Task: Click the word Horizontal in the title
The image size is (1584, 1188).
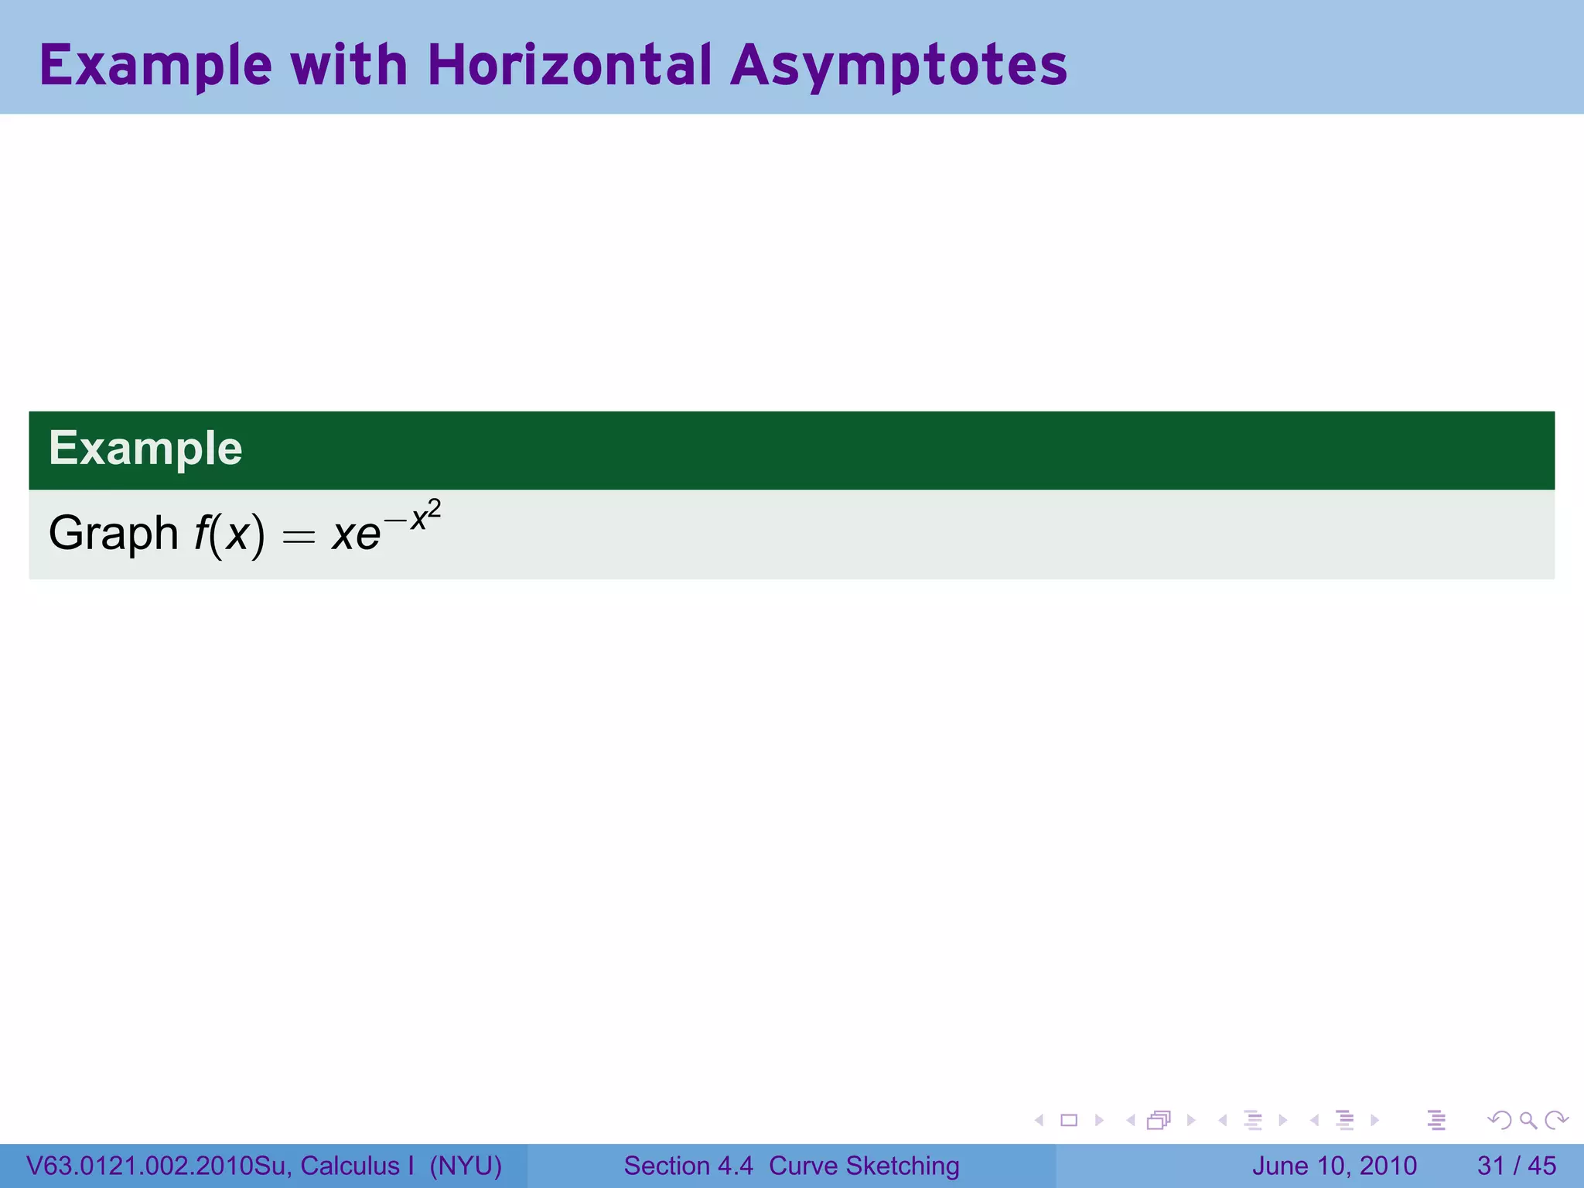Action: point(568,65)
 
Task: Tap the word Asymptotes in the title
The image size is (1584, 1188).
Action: point(899,67)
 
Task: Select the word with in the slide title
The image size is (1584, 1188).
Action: point(348,65)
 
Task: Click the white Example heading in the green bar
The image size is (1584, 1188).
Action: point(145,449)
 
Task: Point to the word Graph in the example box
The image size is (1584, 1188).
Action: point(113,534)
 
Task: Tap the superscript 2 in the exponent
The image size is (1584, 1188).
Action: point(435,509)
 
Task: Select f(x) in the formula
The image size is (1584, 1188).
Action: point(229,534)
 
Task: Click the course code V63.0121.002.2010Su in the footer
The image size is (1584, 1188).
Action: point(158,1166)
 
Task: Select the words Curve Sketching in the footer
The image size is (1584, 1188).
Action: point(864,1166)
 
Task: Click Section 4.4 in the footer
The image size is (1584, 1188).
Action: point(688,1166)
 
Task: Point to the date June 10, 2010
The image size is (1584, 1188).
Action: point(1334,1166)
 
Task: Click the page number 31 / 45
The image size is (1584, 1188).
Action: point(1516,1166)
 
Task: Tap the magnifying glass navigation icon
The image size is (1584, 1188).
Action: point(1528,1120)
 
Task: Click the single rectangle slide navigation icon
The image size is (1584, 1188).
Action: point(1069,1120)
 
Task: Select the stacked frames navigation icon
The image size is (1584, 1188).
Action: point(1159,1120)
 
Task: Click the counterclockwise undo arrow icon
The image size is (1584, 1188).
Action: point(1499,1120)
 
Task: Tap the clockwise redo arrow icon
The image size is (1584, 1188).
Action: point(1556,1120)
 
